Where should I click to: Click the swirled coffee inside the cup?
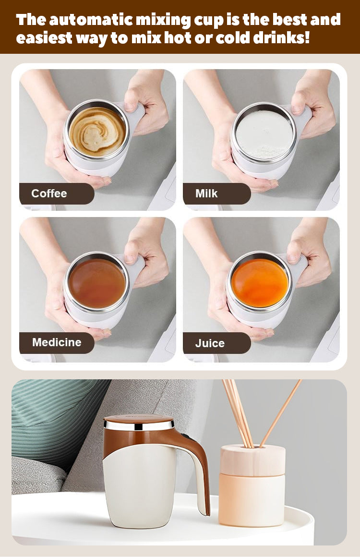pyautogui.click(x=97, y=132)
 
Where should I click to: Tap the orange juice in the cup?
pyautogui.click(x=260, y=283)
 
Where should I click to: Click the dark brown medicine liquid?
pyautogui.click(x=97, y=283)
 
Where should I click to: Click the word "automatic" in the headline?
pyautogui.click(x=92, y=20)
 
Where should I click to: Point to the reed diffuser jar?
pyautogui.click(x=252, y=485)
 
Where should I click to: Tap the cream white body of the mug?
pyautogui.click(x=140, y=490)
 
